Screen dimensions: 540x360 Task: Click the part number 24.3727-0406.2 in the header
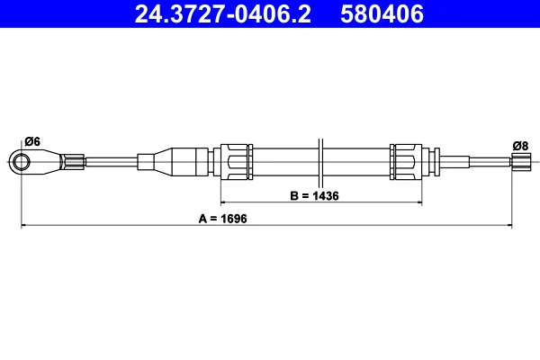pos(222,14)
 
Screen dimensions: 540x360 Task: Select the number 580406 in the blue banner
pos(382,14)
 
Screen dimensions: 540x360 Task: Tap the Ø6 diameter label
pos(32,141)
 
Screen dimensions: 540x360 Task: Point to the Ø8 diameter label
pos(520,146)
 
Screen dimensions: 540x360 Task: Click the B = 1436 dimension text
pos(314,195)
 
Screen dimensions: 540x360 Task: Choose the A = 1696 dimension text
pos(223,219)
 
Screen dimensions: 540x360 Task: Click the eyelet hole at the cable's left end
pos(22,162)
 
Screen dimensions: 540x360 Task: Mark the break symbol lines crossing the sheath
pos(320,162)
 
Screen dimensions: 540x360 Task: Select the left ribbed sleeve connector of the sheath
pos(234,162)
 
